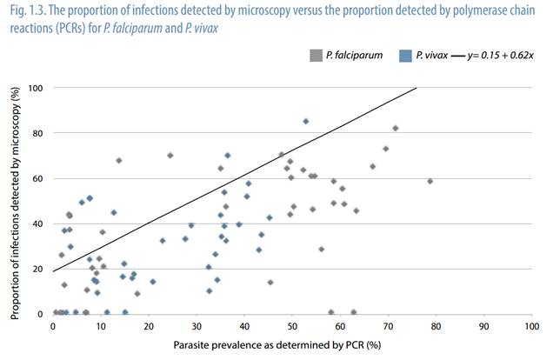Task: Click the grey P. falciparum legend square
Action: click(316, 56)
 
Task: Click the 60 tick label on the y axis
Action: click(40, 178)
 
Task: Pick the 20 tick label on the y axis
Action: click(40, 269)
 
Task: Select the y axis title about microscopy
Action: click(16, 200)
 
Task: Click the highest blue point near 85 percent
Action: click(306, 122)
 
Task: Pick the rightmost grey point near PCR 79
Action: click(430, 181)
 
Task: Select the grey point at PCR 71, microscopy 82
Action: click(395, 128)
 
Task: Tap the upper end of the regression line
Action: click(416, 88)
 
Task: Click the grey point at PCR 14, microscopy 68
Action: click(119, 160)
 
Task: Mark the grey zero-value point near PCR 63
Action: click(354, 312)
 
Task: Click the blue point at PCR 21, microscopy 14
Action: click(153, 282)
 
